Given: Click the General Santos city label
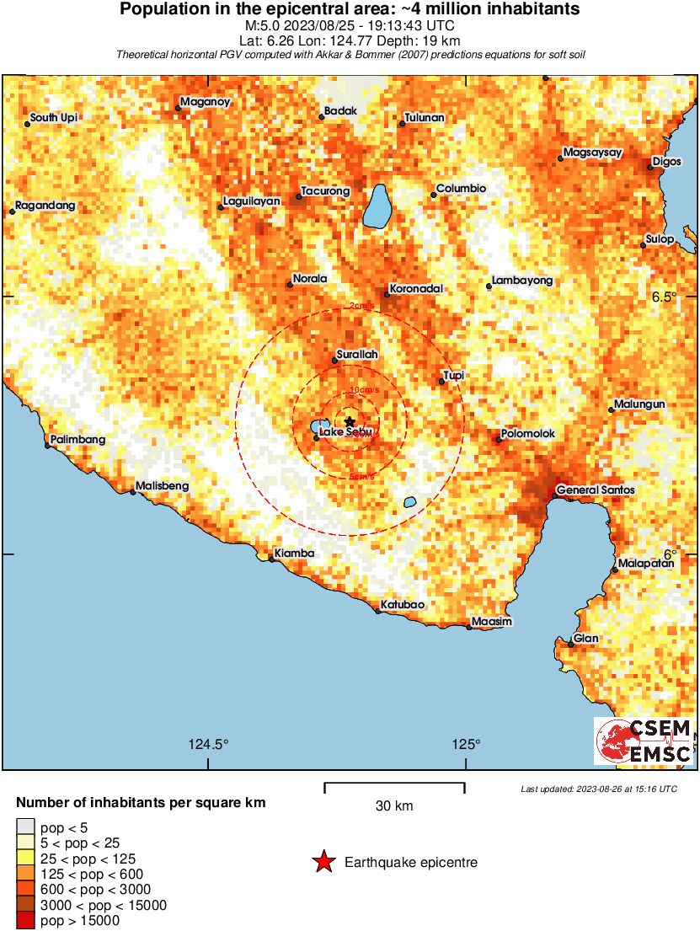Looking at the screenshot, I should (596, 490).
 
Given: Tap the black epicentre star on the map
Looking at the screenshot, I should (350, 421).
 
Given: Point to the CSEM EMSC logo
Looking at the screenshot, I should (644, 741).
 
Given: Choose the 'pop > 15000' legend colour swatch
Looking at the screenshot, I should (26, 921).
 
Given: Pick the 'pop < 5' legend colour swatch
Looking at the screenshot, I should (26, 828).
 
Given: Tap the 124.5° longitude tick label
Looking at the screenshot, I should (208, 744).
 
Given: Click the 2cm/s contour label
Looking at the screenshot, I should (362, 306).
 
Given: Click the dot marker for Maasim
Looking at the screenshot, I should (469, 627).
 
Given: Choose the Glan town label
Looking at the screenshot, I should (586, 639).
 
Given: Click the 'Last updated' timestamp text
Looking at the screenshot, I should (598, 789).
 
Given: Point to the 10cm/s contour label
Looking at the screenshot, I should (363, 389).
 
